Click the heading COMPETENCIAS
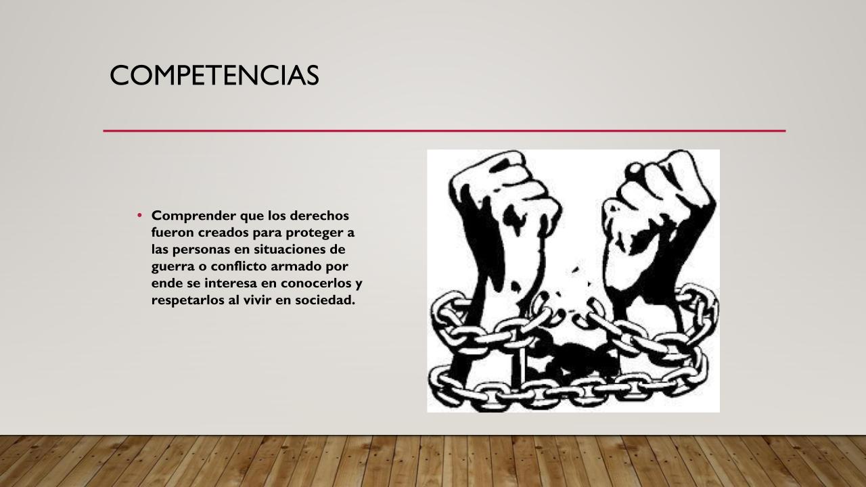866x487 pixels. [214, 75]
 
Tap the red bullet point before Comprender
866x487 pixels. [139, 215]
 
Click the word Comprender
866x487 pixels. [193, 216]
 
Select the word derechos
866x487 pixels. [319, 215]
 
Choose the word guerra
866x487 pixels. [173, 267]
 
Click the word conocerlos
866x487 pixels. [316, 283]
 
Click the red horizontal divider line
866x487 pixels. [445, 131]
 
